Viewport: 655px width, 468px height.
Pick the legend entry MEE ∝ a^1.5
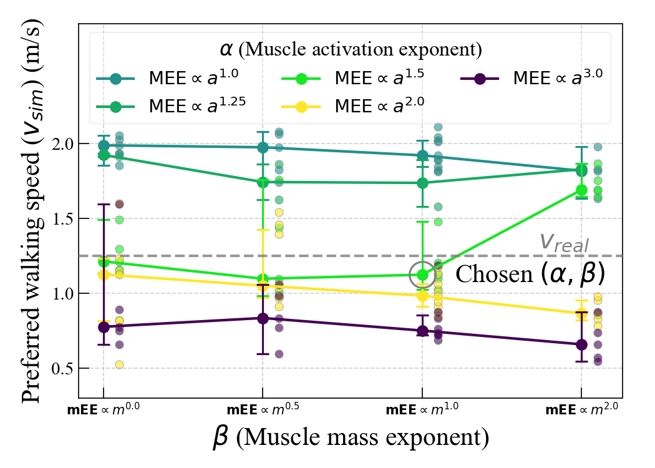click(x=362, y=79)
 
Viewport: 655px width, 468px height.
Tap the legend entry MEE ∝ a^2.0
click(x=362, y=106)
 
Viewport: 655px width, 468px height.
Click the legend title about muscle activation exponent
click(x=349, y=49)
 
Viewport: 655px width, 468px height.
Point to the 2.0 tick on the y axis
click(x=61, y=144)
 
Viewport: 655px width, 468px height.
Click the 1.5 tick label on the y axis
click(x=61, y=219)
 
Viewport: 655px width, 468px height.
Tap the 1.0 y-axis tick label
click(x=61, y=294)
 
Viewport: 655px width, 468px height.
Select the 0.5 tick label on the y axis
click(x=61, y=369)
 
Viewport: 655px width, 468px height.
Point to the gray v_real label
click(x=564, y=242)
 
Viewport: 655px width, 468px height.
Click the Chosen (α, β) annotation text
click(x=530, y=274)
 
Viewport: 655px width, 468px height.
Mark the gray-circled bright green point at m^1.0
click(x=423, y=275)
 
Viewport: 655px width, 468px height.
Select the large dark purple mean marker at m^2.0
click(x=581, y=344)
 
